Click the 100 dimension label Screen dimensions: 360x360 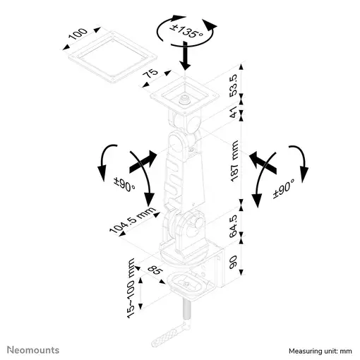78,34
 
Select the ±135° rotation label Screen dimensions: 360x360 186,31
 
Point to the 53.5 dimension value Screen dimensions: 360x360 234,85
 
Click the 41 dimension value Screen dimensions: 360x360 234,112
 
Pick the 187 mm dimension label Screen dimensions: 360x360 234,161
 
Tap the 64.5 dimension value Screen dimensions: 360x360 234,226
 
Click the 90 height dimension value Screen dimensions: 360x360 233,263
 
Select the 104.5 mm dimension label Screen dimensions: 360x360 133,220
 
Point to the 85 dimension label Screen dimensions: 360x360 155,270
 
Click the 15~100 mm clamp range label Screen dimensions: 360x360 131,289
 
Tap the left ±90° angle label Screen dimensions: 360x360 125,185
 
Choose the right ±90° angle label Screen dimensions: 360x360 284,189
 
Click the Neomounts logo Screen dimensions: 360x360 33,350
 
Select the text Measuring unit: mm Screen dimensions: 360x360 320,351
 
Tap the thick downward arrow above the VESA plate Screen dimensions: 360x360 186,56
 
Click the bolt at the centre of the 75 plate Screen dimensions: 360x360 185,100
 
